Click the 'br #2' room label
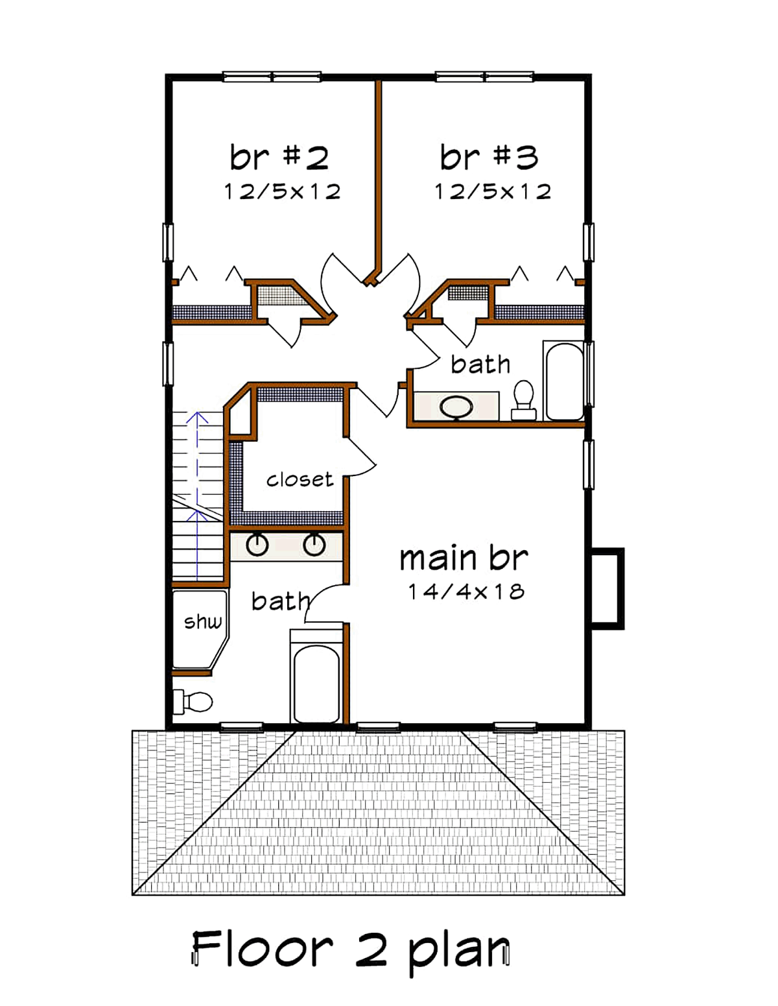click(279, 157)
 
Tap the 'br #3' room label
click(489, 157)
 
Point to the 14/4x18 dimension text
click(466, 592)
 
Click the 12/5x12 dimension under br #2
click(283, 191)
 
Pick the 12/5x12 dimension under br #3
click(493, 191)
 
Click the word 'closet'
click(300, 479)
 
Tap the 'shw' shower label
click(203, 621)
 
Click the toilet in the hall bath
click(524, 400)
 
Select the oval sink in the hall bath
click(456, 407)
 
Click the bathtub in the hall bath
click(564, 381)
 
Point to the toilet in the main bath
click(193, 702)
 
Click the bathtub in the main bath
click(316, 675)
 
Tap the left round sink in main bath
click(257, 545)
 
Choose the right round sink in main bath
click(314, 545)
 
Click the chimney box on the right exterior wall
click(608, 588)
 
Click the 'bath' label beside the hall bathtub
click(480, 365)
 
